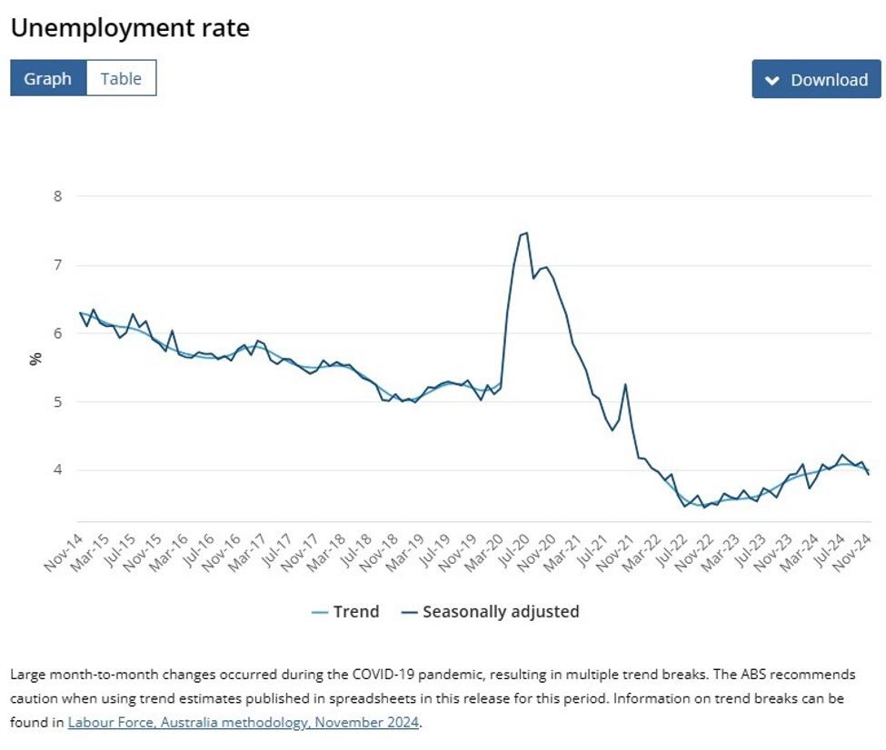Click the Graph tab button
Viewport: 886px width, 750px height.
47,79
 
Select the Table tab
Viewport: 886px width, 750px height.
121,79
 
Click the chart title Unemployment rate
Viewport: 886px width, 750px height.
130,28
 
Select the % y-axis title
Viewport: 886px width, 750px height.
35,358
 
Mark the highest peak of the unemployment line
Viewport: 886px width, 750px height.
526,233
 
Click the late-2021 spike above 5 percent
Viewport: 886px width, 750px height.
625,385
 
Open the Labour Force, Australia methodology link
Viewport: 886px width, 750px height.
244,723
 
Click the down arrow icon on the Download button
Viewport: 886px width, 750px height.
772,80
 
